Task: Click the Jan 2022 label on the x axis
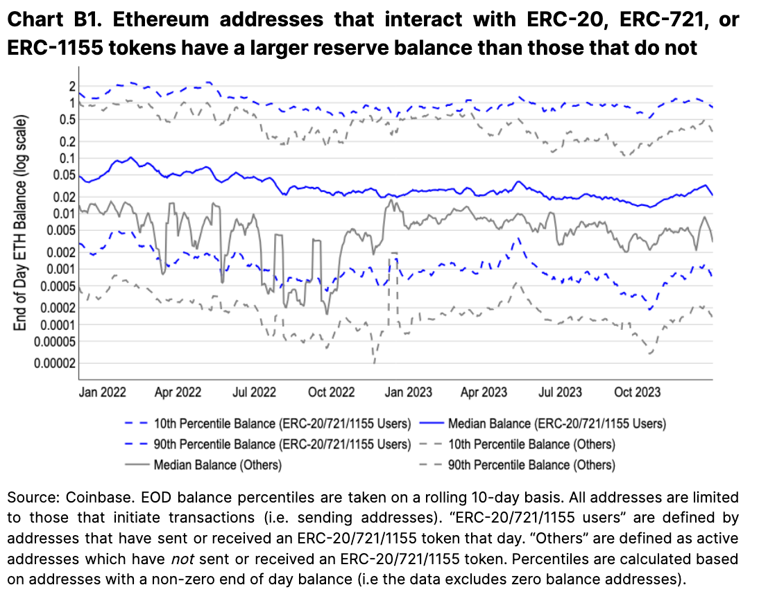click(103, 392)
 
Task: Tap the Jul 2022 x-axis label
click(254, 392)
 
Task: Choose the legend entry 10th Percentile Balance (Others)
click(531, 444)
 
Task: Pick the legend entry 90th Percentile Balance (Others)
click(531, 464)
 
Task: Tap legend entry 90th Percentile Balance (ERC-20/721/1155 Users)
click(276, 444)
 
